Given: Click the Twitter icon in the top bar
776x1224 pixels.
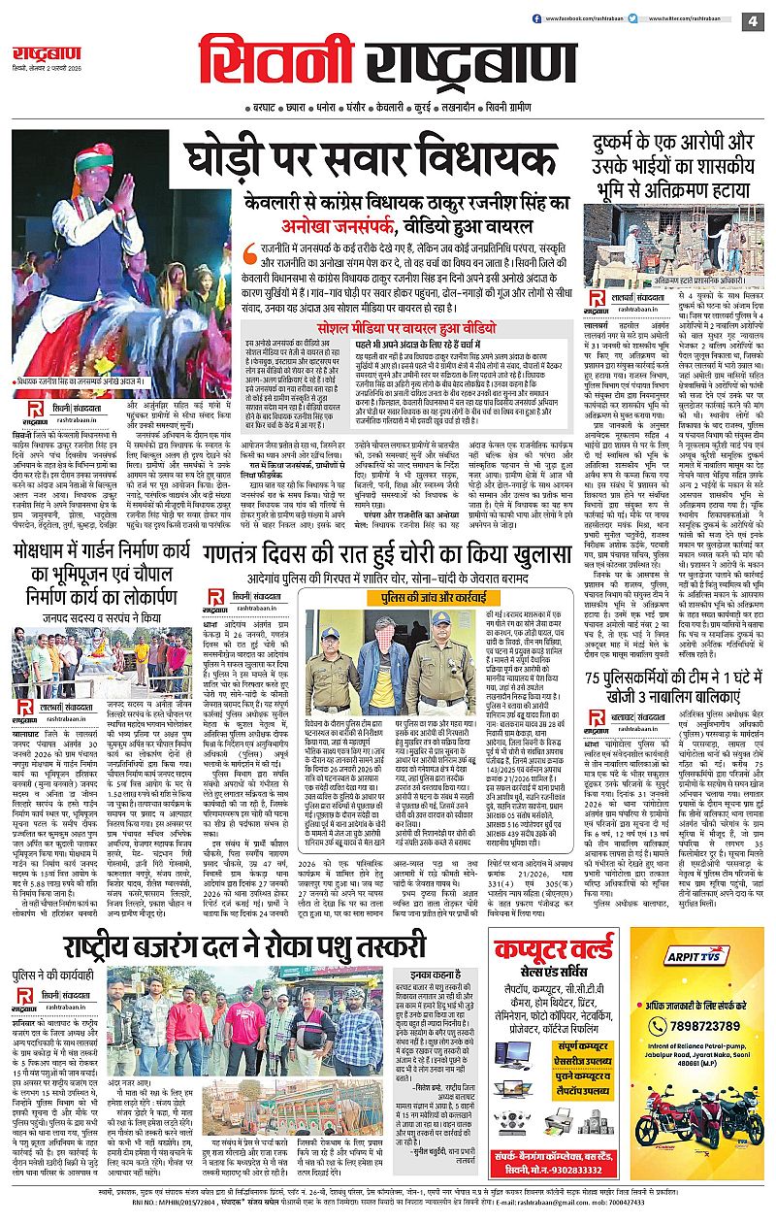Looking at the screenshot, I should click(x=632, y=18).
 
